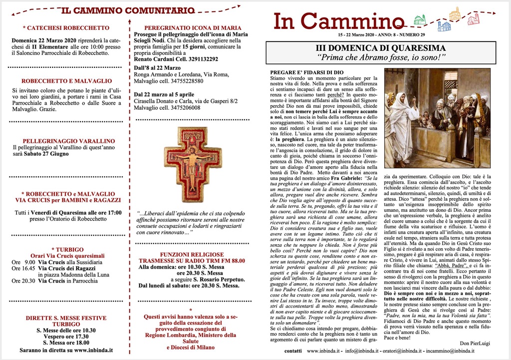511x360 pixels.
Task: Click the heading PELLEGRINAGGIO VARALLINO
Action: [68, 141]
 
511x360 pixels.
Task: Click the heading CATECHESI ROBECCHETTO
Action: [66, 28]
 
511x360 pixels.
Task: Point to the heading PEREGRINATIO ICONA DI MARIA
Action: [193, 28]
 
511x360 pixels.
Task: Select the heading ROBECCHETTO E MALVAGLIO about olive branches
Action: [66, 81]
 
